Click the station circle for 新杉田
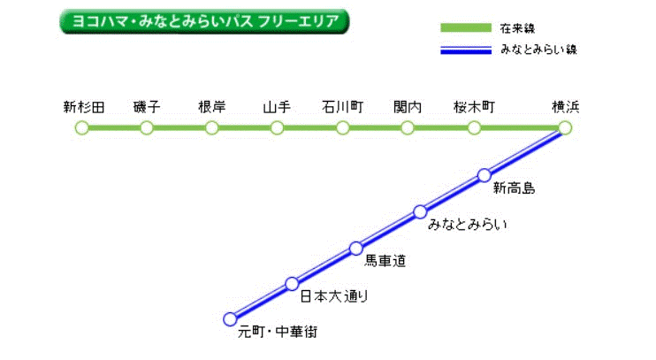click(82, 127)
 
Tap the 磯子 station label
click(147, 107)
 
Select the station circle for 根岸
click(211, 127)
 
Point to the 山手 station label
click(277, 107)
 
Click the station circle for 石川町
click(343, 127)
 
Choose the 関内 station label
click(408, 107)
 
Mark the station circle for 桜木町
click(474, 127)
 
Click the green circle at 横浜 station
click(565, 127)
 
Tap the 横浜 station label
click(566, 107)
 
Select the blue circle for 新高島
click(484, 175)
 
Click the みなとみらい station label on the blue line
click(468, 225)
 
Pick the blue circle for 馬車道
click(356, 249)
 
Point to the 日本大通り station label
click(334, 296)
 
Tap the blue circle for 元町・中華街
click(230, 319)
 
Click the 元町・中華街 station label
click(278, 332)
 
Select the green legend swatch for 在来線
click(466, 28)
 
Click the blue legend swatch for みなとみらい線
click(466, 50)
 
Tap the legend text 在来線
click(517, 28)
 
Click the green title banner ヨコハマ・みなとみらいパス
click(204, 21)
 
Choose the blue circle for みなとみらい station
click(420, 211)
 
